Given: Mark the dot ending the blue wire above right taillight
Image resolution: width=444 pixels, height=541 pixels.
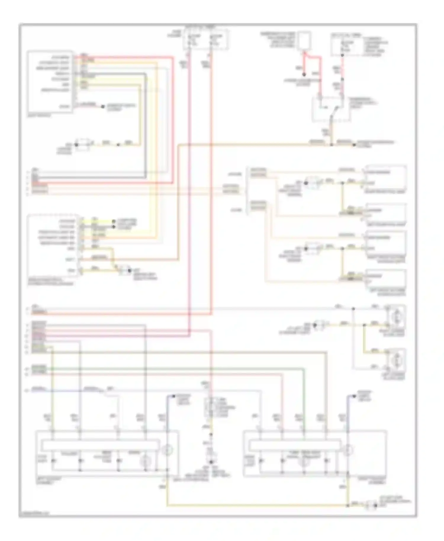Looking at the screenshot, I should pyautogui.click(x=354, y=396).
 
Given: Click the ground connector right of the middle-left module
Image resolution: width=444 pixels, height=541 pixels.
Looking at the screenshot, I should pyautogui.click(x=125, y=270).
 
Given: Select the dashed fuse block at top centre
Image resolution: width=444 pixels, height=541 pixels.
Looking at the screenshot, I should pyautogui.click(x=206, y=39).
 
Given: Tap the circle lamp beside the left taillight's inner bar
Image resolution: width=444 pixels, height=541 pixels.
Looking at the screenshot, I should pyautogui.click(x=167, y=450).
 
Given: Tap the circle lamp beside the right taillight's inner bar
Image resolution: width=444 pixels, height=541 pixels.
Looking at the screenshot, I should pyautogui.click(x=348, y=450).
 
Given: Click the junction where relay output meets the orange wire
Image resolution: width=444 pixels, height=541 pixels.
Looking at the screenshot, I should pyautogui.click(x=331, y=145).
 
